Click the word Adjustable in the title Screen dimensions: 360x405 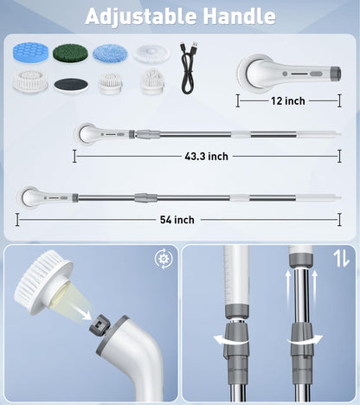click(141, 16)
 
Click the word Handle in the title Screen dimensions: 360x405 click(240, 16)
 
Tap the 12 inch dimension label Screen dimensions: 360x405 click(287, 101)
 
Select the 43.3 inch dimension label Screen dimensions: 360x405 click(206, 157)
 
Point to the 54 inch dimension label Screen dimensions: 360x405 click(177, 220)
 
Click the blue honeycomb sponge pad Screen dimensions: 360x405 click(30, 52)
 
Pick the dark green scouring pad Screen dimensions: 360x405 click(70, 53)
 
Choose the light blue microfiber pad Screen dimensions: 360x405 click(110, 53)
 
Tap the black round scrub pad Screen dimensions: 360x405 click(71, 85)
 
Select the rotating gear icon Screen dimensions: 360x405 click(164, 258)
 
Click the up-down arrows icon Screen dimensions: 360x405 click(341, 258)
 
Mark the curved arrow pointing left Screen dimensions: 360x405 click(230, 340)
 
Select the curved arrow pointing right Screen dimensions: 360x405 click(305, 340)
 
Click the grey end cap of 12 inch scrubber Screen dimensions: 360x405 click(336, 74)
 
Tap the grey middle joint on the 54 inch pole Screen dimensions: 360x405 click(146, 197)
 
